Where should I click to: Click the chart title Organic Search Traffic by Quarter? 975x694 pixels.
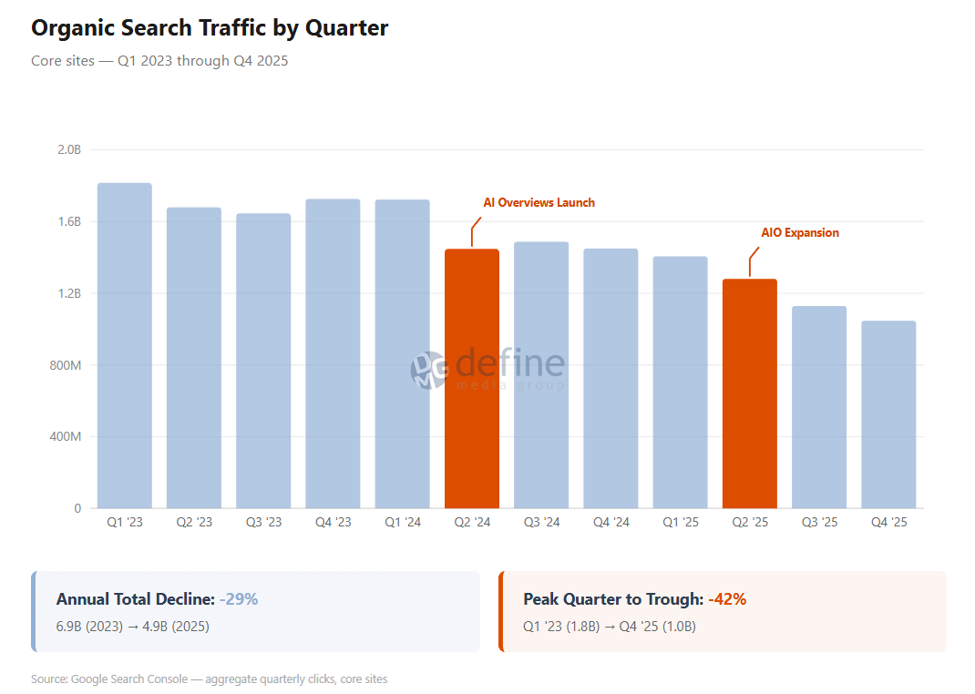coord(210,28)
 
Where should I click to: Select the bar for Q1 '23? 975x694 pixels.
coord(125,346)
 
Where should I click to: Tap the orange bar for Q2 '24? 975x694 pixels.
coord(472,379)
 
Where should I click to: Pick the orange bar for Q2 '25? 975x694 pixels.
coord(750,393)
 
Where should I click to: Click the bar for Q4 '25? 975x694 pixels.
coord(888,414)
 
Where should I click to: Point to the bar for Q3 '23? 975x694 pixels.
coord(263,361)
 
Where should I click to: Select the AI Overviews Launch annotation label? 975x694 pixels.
coord(539,203)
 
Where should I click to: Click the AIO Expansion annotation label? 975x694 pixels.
coord(800,233)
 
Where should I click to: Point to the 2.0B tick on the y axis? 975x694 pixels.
coord(69,149)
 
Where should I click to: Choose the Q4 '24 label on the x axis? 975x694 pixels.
coord(611,523)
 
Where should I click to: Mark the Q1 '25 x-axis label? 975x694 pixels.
coord(680,523)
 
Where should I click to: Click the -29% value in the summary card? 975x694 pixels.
coord(239,599)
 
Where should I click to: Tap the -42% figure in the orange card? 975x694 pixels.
coord(727,599)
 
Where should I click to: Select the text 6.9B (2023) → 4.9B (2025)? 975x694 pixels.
coord(133,627)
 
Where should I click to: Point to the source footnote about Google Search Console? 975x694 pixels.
coord(209,679)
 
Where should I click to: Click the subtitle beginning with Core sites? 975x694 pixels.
coord(159,61)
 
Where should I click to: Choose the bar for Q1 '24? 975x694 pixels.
coord(402,354)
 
